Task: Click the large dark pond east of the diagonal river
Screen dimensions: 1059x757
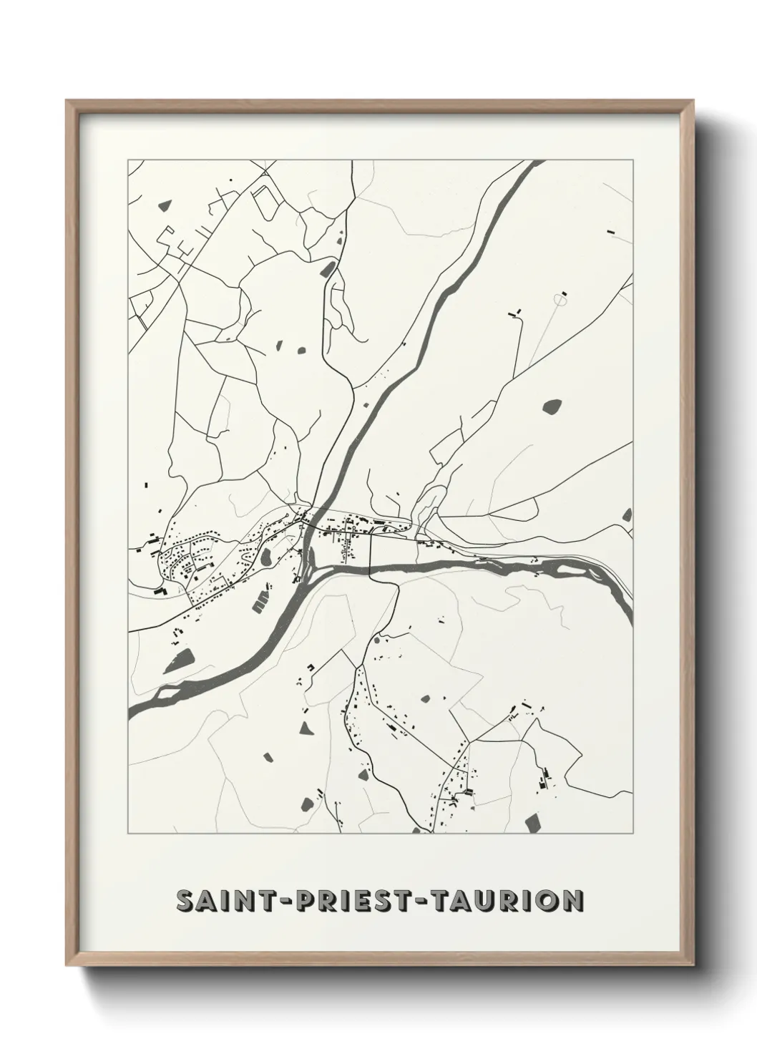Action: tap(552, 406)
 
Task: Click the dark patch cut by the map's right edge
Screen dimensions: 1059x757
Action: tap(627, 514)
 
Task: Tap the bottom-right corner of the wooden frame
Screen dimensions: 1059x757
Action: tap(695, 964)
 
